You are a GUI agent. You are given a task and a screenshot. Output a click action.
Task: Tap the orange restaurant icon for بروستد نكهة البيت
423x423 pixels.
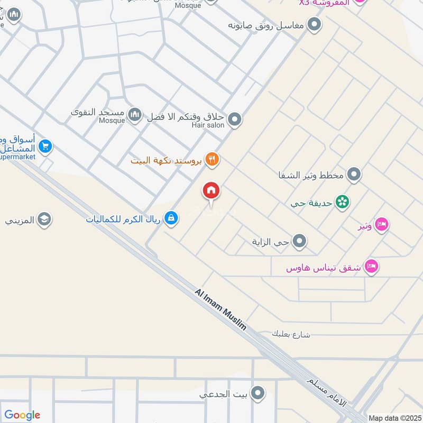point(212,159)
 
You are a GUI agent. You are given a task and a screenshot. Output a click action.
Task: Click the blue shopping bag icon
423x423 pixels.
point(171,217)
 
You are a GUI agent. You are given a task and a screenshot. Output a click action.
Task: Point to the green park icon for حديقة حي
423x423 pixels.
point(343,202)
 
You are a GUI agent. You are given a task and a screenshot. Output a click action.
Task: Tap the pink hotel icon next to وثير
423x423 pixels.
point(382,225)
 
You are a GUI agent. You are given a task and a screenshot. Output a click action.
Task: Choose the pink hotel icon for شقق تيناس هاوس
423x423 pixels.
point(372,267)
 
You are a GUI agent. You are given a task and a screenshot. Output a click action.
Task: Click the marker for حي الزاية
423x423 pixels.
point(300,242)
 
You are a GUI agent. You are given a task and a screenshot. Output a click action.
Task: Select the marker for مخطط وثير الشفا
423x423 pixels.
point(354,174)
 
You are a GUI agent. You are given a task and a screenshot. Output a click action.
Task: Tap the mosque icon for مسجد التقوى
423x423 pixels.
point(135,114)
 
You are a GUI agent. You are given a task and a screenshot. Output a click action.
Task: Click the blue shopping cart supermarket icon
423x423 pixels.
point(45,146)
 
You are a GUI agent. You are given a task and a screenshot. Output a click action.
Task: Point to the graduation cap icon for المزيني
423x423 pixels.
point(44,219)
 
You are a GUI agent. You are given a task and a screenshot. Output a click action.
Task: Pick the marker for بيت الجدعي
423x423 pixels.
point(258,393)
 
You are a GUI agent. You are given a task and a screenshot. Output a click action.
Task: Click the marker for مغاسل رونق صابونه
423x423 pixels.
point(315,24)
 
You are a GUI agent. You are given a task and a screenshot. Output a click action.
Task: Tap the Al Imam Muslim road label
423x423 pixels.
point(220,309)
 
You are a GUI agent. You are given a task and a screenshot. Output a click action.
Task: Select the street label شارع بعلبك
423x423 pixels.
point(290,334)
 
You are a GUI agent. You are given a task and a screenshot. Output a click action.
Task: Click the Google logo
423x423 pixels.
point(22,415)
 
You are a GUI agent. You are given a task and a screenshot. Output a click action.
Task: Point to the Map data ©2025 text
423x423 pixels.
point(393,418)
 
